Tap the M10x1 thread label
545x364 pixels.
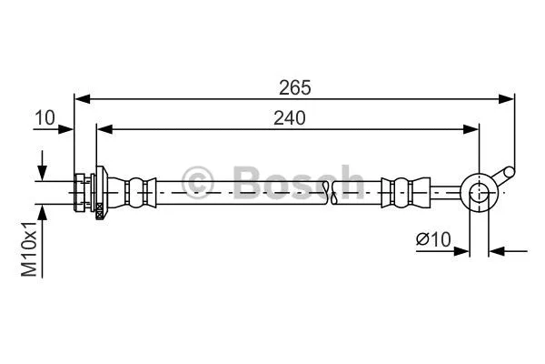point(30,248)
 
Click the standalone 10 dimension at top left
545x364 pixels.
point(45,117)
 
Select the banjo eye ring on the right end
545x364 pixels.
point(478,192)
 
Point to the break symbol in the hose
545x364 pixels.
point(332,190)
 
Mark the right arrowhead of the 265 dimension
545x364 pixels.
point(509,97)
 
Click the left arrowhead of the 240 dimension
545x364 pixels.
point(104,128)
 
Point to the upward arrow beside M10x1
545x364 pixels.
point(42,211)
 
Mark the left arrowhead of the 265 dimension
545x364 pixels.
point(81,97)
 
